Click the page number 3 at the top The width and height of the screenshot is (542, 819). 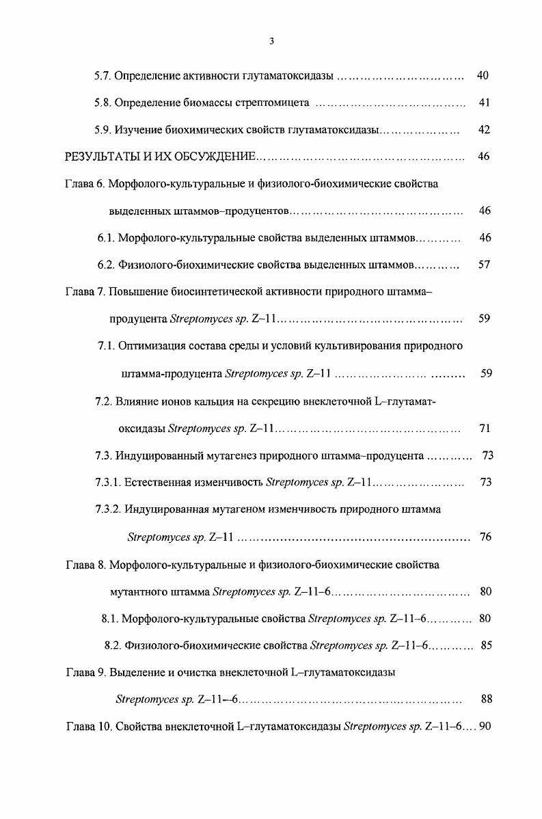[271, 41]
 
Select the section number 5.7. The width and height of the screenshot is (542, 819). [103, 75]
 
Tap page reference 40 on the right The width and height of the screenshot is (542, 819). [482, 75]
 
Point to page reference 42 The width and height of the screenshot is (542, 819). [484, 130]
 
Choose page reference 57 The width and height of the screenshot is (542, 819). [484, 265]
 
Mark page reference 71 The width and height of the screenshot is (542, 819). [485, 429]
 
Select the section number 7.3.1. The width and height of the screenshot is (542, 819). [109, 482]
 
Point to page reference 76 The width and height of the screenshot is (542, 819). [485, 537]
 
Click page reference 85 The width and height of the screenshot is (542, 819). [486, 645]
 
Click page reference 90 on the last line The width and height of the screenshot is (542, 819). [485, 726]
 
